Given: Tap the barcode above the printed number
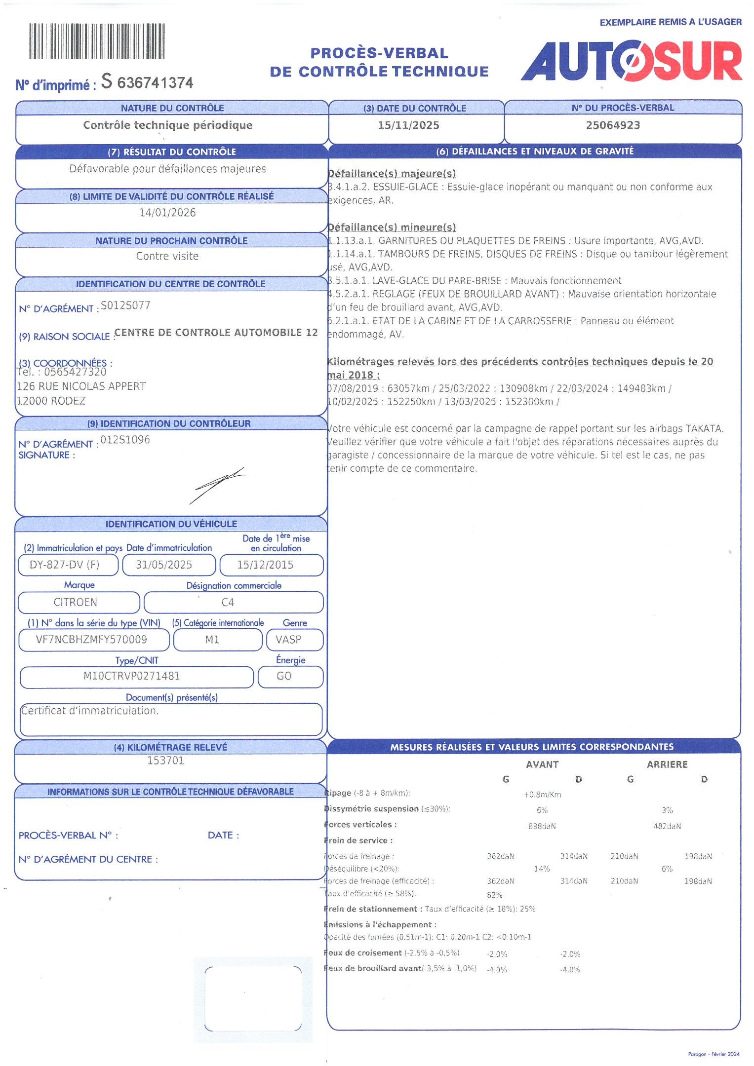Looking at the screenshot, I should coord(97,41).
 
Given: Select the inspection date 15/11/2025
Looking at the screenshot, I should coord(408,125).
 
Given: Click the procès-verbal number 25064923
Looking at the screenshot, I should coord(613,125).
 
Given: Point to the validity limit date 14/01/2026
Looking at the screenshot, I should coord(167,213).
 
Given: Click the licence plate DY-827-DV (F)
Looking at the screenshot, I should coord(65,565).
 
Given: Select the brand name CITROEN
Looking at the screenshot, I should coord(76,602).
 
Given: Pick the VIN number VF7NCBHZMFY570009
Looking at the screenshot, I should coord(91,640).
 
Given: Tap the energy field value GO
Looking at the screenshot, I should coord(284,676).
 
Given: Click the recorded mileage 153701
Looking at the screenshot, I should coord(165,761).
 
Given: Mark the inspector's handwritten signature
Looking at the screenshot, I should coord(217,484).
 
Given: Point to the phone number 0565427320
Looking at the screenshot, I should coord(75,372).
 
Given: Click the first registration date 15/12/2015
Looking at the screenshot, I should coord(265,565).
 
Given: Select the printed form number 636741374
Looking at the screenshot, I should coord(155,82).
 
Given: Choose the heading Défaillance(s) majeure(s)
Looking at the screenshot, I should coord(392,174).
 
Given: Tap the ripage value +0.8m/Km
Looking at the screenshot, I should coord(542,795).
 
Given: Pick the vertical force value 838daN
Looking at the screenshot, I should coord(542,826).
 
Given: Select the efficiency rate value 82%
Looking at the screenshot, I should coord(494,895).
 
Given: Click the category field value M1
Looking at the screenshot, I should coord(212,640).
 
